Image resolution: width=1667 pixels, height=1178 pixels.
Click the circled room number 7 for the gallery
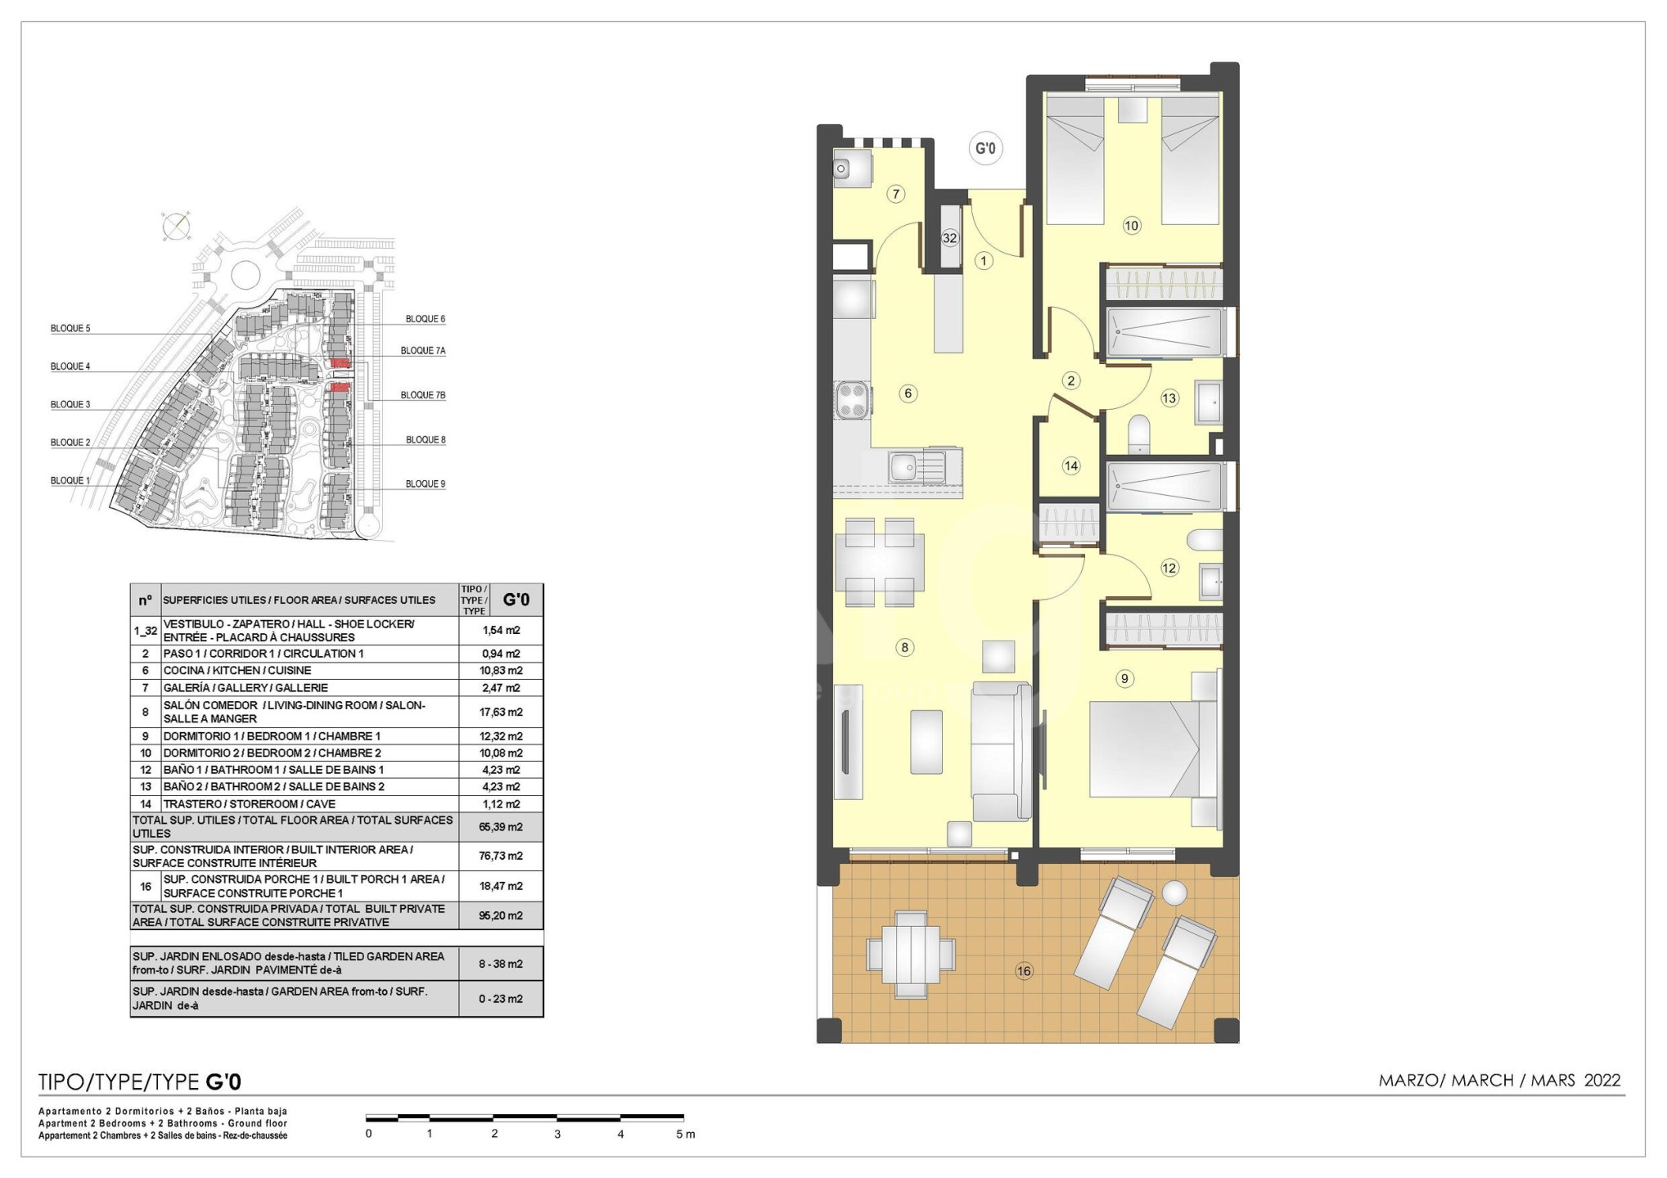click(896, 194)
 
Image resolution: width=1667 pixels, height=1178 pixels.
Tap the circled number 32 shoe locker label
click(949, 239)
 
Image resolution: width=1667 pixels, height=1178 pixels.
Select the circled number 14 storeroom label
click(1071, 466)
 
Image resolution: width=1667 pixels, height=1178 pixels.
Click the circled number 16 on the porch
click(1024, 971)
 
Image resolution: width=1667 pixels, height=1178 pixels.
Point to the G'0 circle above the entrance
click(985, 149)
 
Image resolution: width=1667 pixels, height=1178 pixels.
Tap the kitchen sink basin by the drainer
click(903, 468)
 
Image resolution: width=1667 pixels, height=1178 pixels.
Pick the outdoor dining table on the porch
click(911, 954)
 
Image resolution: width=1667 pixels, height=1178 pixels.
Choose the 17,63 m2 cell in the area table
click(501, 712)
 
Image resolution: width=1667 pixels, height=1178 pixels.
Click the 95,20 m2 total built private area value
click(501, 915)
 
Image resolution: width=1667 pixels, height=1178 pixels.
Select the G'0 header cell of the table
click(516, 600)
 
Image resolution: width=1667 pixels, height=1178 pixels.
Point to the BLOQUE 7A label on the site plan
click(423, 351)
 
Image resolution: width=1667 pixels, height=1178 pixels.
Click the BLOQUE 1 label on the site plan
click(70, 481)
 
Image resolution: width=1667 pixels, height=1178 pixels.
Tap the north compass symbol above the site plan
click(175, 226)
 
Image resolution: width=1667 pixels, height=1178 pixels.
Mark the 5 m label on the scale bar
click(685, 1134)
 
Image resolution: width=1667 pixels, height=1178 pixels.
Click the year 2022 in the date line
click(1602, 1081)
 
